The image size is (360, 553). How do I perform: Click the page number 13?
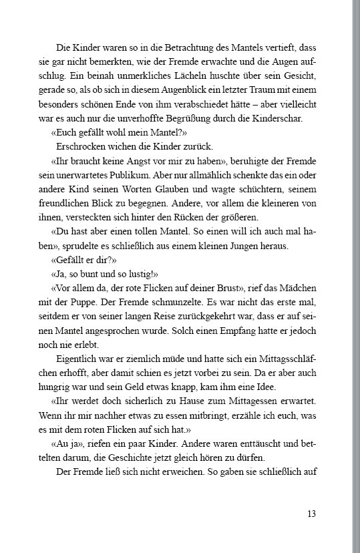coord(311,514)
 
